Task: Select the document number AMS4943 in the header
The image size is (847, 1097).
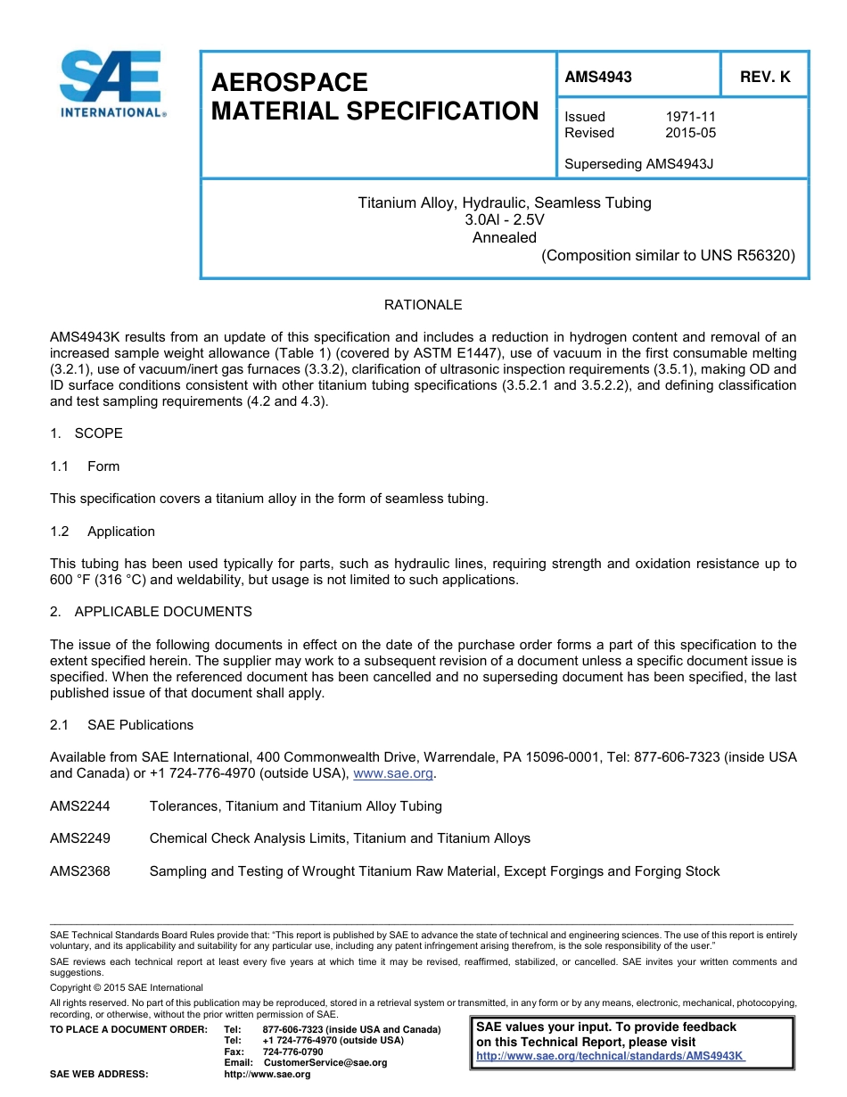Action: pos(597,77)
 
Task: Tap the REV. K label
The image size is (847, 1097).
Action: pos(764,77)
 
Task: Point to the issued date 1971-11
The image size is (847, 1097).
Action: pos(690,117)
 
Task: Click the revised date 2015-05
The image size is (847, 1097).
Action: pos(690,133)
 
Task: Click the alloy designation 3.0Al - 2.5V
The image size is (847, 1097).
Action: pos(504,220)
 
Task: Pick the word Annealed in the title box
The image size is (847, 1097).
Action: pos(504,237)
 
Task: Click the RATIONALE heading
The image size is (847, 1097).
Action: pos(423,305)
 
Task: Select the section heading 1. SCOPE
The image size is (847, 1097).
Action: pos(86,433)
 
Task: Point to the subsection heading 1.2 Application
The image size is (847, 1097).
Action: pos(103,532)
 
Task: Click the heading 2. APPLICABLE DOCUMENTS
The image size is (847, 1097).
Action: pos(151,612)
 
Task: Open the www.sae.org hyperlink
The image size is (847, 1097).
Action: pos(392,774)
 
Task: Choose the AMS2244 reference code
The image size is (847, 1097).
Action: pos(80,806)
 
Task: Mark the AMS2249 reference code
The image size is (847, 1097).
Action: pos(80,838)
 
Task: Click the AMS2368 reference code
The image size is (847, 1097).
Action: pos(80,871)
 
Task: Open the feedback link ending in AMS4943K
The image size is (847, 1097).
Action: pos(610,1056)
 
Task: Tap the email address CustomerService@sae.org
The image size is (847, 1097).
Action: pos(325,1062)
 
